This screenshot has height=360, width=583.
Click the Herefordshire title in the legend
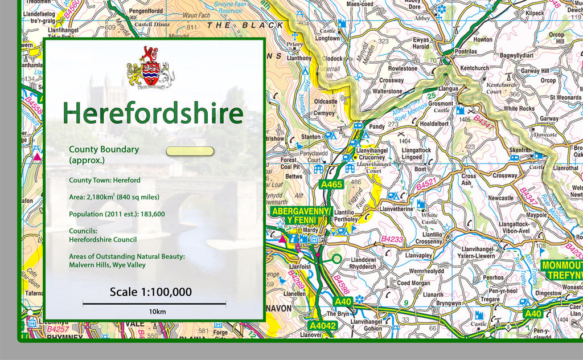(153, 113)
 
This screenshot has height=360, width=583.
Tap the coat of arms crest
(150, 67)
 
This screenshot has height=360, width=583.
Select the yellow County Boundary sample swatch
(190, 152)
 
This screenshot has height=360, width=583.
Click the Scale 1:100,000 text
(150, 292)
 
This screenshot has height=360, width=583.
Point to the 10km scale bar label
(157, 312)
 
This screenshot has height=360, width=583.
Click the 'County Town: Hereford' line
(104, 180)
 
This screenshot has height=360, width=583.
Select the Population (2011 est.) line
(117, 214)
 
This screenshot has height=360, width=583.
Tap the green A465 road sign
(331, 185)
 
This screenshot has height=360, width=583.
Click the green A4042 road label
(323, 325)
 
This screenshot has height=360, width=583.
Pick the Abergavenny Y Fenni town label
(301, 215)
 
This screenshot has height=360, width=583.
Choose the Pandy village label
(377, 127)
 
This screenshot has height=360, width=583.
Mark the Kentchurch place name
(474, 68)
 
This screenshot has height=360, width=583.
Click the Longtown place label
(327, 39)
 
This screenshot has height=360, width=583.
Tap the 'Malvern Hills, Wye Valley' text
(107, 265)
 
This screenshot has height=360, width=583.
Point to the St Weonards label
(565, 97)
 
